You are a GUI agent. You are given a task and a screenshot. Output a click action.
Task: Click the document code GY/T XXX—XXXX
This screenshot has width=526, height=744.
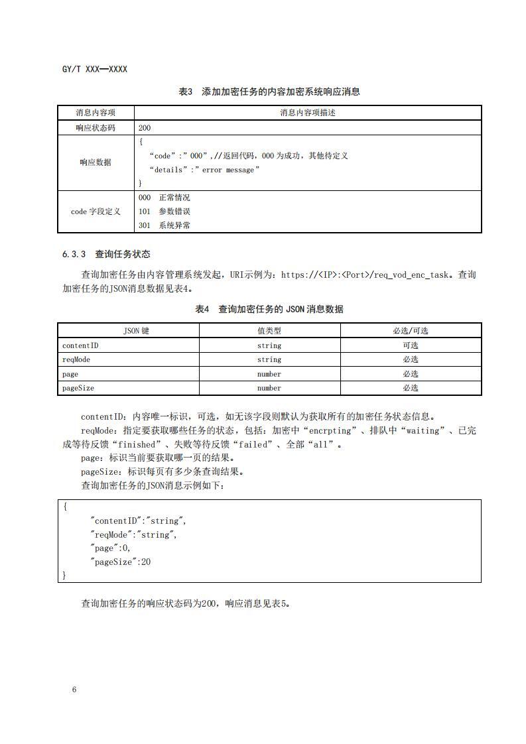coord(94,69)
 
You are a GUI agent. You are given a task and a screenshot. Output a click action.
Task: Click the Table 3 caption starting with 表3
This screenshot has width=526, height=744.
coord(269,92)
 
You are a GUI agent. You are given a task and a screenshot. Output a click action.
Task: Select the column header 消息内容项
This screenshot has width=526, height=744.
coord(96,113)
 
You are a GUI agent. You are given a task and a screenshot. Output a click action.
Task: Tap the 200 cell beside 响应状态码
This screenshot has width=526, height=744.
coord(145,127)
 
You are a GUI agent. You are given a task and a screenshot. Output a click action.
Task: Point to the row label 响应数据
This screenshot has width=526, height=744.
coord(96,162)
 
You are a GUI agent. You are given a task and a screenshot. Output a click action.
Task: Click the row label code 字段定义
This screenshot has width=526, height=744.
coord(96,212)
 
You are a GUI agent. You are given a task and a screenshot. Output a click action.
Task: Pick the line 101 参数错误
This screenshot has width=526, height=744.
coord(164,212)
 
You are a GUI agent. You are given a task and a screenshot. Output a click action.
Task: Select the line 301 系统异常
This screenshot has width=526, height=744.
coord(164,225)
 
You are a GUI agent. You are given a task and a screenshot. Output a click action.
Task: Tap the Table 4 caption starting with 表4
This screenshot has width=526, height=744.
coord(269,309)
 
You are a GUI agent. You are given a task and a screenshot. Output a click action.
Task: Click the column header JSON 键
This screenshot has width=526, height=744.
coord(128,331)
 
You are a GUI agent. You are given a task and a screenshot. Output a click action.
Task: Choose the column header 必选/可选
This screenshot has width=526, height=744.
coord(410,331)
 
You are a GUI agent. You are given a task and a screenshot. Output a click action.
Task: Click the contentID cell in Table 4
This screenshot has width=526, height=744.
coord(80,345)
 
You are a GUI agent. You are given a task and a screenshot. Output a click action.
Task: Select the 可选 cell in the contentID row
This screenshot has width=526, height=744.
coord(410,345)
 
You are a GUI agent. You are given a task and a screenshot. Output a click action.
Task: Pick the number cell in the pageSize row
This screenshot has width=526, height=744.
coord(269,388)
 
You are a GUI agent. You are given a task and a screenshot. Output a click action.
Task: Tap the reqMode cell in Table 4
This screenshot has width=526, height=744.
coord(76,359)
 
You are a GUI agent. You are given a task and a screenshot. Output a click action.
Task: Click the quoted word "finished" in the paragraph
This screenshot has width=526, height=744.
coord(139,444)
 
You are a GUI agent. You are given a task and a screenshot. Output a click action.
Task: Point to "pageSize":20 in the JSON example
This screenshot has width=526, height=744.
coord(121,562)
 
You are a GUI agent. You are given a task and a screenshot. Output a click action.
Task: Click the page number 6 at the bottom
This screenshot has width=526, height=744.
coord(74,690)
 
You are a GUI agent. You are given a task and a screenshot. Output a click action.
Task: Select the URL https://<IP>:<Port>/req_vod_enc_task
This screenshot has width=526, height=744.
coord(365,275)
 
